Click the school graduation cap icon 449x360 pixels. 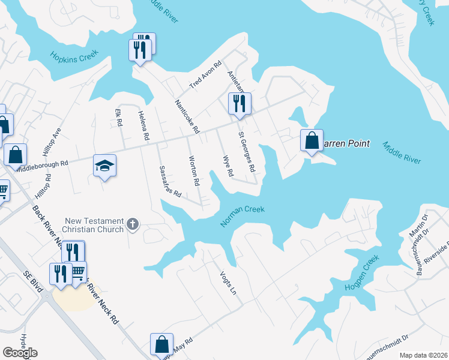[104, 167]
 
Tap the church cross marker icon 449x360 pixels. [133, 226]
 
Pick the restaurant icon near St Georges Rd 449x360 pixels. [240, 103]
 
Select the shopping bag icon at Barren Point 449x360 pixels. [312, 141]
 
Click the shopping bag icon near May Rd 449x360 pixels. [161, 344]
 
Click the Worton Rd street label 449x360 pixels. [193, 170]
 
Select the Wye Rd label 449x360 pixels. [228, 166]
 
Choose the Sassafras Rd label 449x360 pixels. [170, 182]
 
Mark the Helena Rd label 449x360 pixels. [143, 126]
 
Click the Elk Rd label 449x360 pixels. [119, 117]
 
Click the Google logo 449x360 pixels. [20, 353]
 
